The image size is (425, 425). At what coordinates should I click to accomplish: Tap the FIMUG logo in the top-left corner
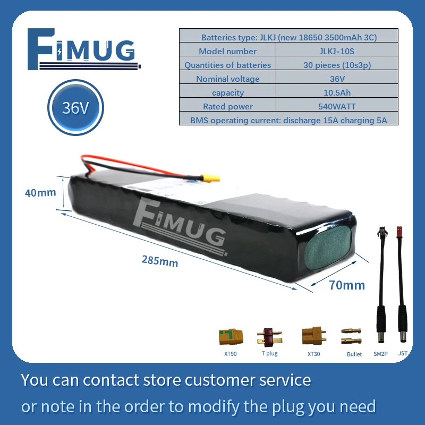tap(85, 51)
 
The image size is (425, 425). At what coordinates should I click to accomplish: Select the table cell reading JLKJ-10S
tap(337, 51)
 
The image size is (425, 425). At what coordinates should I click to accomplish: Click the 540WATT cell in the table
tap(337, 106)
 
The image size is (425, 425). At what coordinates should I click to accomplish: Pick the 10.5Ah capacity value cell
tap(337, 92)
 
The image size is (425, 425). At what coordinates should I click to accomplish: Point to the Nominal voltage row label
tap(227, 79)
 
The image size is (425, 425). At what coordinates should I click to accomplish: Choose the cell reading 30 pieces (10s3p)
tap(337, 65)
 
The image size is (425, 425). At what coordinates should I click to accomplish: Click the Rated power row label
tap(227, 106)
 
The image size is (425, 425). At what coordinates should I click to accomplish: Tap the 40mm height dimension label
tap(40, 192)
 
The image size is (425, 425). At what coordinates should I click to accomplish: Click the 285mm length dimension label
tap(160, 261)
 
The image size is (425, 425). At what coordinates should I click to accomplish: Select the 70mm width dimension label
tap(347, 285)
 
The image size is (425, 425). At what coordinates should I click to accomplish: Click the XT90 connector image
tap(231, 336)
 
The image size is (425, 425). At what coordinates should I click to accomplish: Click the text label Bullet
tap(354, 354)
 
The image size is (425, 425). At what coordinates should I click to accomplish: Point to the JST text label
tap(403, 353)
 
